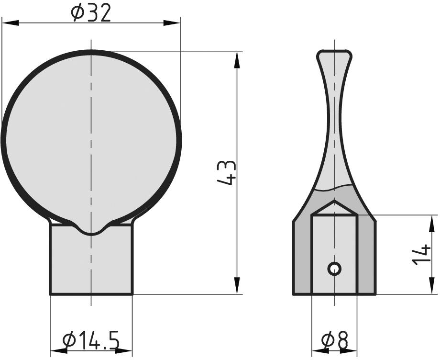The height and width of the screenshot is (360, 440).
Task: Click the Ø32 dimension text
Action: tap(91, 13)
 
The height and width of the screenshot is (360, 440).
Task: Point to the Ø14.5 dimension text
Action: tap(91, 341)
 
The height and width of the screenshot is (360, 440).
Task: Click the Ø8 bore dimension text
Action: tap(334, 341)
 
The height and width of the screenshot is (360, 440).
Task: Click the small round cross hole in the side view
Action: tap(334, 269)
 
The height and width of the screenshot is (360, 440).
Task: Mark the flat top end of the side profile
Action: tap(334, 51)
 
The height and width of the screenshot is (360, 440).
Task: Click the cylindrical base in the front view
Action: tap(91, 263)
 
